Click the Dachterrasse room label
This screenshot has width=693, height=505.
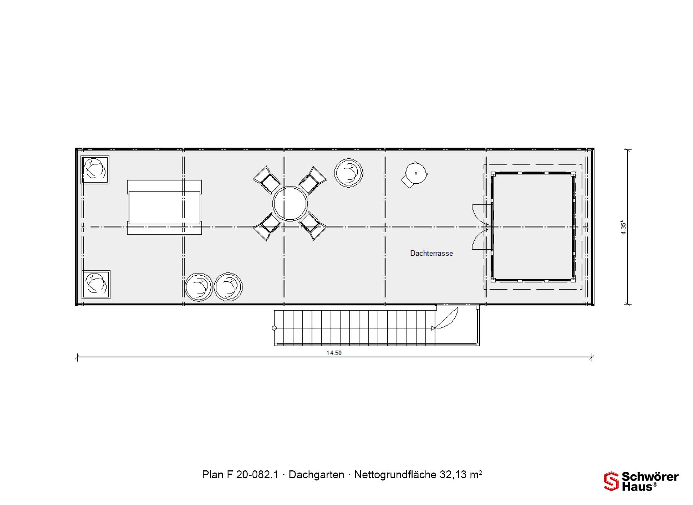[431, 253]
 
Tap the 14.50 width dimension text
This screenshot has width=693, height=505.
[334, 353]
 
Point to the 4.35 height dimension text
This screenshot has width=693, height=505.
[624, 228]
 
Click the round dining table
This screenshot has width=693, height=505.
[290, 203]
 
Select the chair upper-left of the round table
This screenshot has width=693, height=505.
[267, 180]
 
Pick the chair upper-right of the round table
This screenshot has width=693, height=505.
[313, 180]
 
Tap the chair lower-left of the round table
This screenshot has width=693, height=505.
[267, 227]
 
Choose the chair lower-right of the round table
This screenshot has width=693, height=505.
[313, 227]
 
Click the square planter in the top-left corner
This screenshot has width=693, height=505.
[95, 170]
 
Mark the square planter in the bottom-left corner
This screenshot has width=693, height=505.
[96, 284]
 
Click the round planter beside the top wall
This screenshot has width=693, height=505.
[349, 173]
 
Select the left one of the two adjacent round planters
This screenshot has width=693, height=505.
[199, 287]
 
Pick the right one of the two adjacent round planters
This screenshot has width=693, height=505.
[228, 287]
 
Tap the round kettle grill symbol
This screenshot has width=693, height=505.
[415, 174]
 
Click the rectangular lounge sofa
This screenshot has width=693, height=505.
[164, 207]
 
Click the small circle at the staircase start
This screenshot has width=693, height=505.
[274, 328]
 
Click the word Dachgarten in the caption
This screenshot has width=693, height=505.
[316, 475]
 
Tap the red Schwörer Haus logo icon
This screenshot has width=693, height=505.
[611, 482]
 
